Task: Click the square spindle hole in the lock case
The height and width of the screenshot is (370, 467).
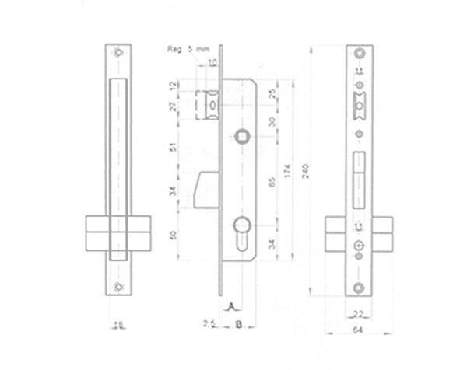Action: click(242, 137)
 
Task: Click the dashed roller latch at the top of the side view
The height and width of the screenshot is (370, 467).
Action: click(210, 105)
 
